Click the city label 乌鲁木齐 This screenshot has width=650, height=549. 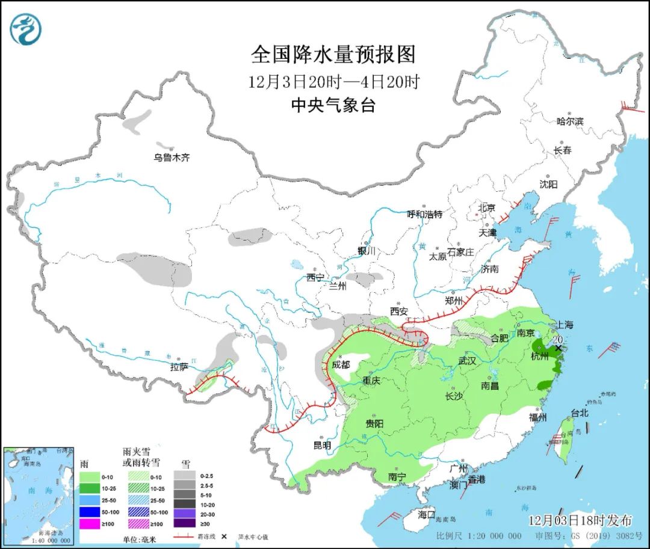(172, 158)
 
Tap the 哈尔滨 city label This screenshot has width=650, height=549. (569, 121)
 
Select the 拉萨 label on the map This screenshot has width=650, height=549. (179, 367)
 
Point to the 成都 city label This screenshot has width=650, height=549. (341, 364)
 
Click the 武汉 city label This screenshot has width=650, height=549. (467, 361)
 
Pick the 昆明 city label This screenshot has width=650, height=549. (322, 446)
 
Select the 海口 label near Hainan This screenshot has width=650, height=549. (426, 515)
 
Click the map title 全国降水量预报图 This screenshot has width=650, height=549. (333, 55)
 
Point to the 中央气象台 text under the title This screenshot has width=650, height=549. (333, 105)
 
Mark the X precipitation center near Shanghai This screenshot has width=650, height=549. (559, 348)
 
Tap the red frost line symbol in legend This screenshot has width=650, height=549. (187, 536)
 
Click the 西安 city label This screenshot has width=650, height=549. (398, 311)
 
